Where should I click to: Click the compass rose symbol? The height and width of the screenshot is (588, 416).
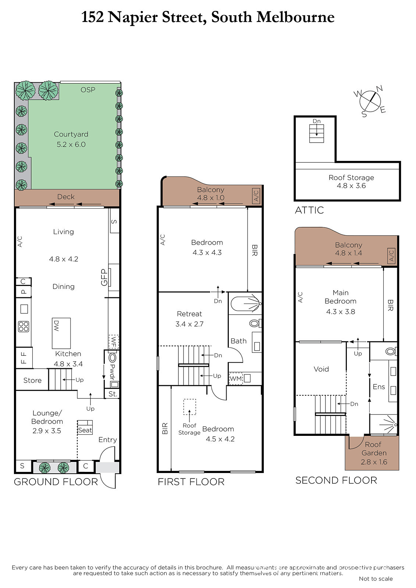[x=370, y=101]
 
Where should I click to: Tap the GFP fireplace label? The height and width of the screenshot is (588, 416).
[x=104, y=277]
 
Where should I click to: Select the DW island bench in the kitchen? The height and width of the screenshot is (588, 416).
[x=61, y=333]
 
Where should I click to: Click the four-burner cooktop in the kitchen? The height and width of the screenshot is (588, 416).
[x=24, y=327]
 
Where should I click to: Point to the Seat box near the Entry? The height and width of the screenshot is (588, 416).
[x=85, y=427]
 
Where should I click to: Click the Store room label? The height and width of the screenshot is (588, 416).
[x=32, y=380]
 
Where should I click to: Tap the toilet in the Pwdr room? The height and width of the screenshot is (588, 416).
[x=112, y=358]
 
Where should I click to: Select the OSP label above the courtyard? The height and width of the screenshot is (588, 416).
[x=88, y=90]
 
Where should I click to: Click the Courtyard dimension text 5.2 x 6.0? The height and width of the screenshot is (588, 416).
[x=71, y=144]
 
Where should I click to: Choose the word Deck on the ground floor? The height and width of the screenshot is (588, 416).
[x=66, y=197]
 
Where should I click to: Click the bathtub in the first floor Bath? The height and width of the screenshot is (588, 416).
[x=245, y=304]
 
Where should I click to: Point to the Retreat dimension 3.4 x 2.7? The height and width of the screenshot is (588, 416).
[x=189, y=324]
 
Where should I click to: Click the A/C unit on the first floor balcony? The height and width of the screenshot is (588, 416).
[x=256, y=196]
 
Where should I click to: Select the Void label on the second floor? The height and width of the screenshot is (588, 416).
[x=321, y=369]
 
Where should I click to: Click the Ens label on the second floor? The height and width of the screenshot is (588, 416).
[x=379, y=387]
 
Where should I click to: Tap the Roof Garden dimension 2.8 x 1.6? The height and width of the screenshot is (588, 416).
[x=374, y=462]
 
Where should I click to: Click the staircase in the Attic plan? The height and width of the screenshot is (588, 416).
[x=317, y=134]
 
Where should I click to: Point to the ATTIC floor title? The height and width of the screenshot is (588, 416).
[x=309, y=210]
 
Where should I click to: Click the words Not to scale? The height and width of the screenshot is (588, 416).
[x=376, y=578]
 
